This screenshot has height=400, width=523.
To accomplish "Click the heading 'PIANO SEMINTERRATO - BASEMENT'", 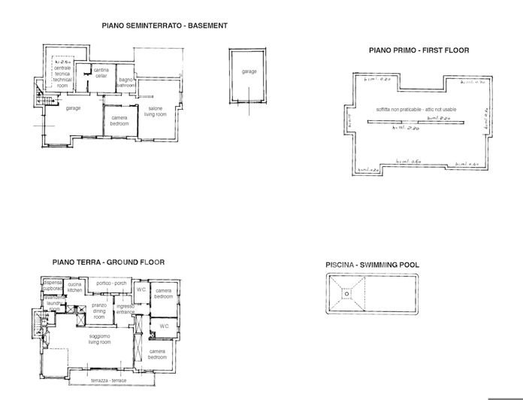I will (165, 26).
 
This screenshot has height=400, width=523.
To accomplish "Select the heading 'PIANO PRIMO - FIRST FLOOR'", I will (419, 50).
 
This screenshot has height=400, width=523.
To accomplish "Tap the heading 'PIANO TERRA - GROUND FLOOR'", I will (108, 262).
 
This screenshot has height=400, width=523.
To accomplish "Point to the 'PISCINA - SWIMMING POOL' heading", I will (372, 265).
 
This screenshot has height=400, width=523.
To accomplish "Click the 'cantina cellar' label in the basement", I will (101, 73).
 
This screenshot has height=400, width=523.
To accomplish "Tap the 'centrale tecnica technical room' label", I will (62, 76).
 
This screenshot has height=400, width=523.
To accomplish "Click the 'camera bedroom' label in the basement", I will (119, 121).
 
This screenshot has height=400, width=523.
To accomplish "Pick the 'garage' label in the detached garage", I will (249, 71).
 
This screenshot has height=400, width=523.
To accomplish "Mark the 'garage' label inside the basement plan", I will (73, 108).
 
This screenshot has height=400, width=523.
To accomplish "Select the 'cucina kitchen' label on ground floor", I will (74, 286).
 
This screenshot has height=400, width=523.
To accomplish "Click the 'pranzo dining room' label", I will (99, 311).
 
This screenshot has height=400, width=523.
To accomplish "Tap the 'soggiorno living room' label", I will (99, 339).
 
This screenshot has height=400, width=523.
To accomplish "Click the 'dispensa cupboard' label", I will (53, 285).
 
